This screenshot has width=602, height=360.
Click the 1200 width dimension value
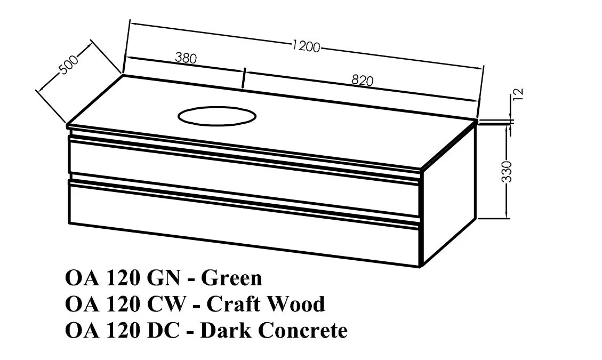306,46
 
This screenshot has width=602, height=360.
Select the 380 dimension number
186,58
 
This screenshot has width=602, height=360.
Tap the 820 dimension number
362,80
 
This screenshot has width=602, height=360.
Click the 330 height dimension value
507,171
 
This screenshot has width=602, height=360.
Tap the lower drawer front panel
243,222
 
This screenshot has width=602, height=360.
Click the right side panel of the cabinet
448,194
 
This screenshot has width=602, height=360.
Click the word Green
231,278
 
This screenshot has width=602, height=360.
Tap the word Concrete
303,330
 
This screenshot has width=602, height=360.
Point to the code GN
164,278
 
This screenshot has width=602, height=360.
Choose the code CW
166,304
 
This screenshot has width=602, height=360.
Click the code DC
163,330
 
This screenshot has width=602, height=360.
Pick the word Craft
234,304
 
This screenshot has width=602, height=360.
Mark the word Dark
226,330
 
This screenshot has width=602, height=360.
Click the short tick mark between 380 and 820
244,78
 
